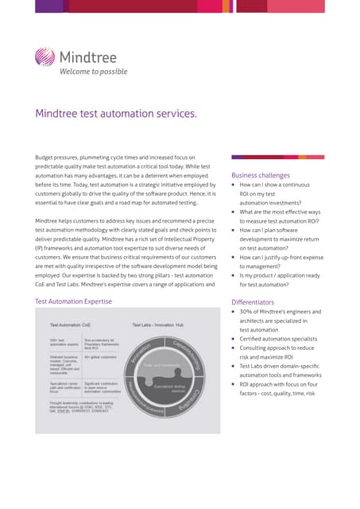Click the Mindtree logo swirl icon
(x=46, y=58)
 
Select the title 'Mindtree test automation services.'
(x=115, y=114)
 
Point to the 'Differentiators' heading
(x=252, y=302)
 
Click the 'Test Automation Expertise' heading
(x=74, y=301)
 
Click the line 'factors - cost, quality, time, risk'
(x=277, y=394)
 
